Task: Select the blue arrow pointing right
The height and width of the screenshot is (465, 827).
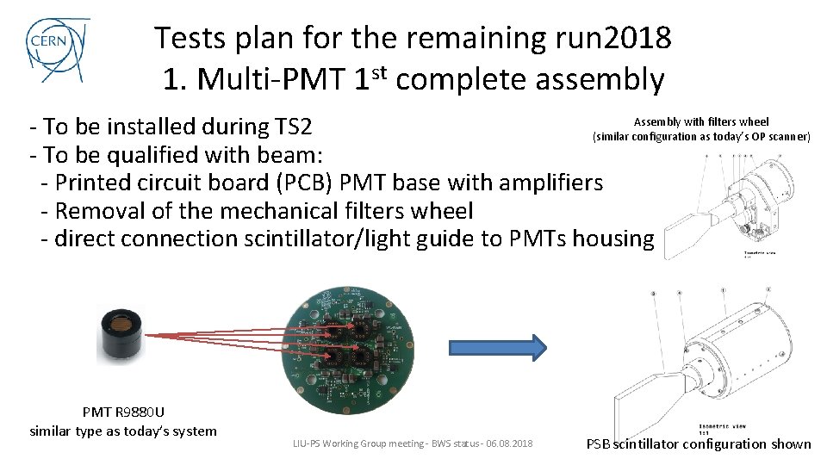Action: pyautogui.click(x=498, y=348)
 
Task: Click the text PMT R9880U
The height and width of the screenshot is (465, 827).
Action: pyautogui.click(x=122, y=412)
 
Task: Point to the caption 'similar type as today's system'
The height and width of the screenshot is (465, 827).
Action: pyautogui.click(x=123, y=431)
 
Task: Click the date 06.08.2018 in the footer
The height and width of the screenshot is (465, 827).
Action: pyautogui.click(x=509, y=444)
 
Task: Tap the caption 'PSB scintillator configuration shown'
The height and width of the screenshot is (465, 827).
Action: pyautogui.click(x=699, y=444)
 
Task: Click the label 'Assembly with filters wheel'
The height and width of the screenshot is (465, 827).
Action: pyautogui.click(x=701, y=122)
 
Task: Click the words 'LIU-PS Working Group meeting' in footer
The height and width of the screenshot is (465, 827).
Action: pyautogui.click(x=357, y=444)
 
